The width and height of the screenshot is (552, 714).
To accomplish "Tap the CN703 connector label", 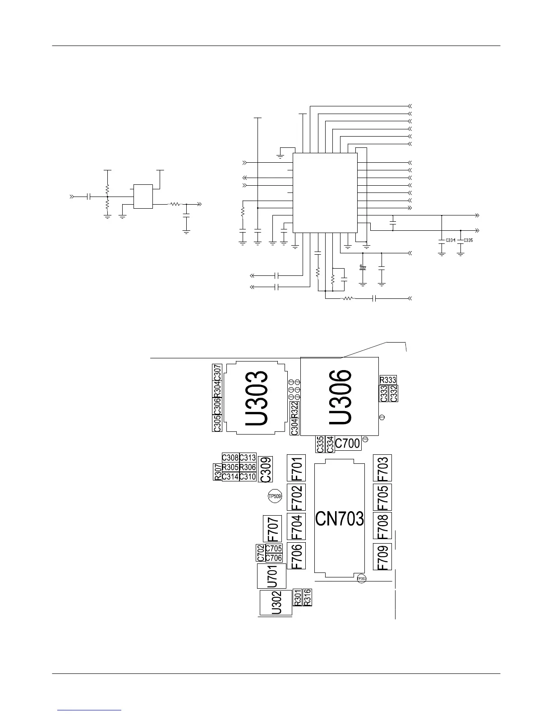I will (340, 519).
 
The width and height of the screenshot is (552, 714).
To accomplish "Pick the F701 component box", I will (296, 467).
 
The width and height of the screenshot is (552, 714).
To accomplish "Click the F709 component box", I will (382, 557).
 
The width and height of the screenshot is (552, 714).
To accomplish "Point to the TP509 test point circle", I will (275, 497).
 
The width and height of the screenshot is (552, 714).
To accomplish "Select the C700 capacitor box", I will (348, 444).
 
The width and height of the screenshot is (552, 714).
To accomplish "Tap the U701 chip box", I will (272, 576).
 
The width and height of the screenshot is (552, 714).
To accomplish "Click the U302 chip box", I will (276, 603).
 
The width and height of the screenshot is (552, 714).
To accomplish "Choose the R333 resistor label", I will (388, 380).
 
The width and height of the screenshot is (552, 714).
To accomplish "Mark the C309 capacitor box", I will (266, 469).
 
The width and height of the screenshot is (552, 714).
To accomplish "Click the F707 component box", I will (272, 529).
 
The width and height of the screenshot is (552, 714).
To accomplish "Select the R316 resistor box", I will (307, 597).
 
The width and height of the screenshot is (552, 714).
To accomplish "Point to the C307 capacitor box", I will (217, 372).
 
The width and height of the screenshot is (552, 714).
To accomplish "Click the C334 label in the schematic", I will (450, 240).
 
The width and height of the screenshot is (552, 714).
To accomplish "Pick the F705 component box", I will (382, 497).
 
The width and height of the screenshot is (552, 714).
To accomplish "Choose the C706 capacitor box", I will (274, 558).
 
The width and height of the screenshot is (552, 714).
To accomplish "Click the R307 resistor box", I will (217, 471).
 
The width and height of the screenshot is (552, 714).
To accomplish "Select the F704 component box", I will (296, 526).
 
